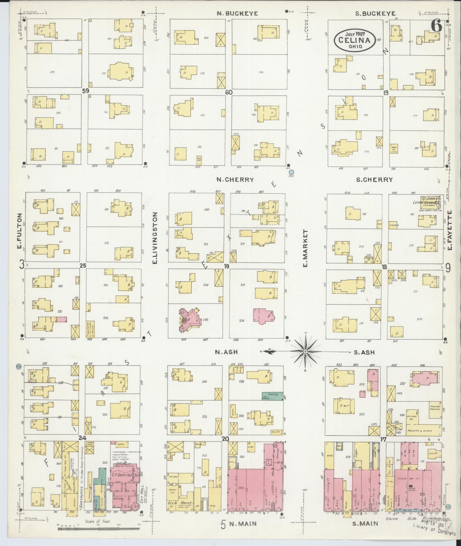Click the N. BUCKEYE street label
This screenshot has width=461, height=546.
237,13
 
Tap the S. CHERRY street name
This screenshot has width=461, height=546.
374,179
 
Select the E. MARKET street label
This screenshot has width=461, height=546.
305,248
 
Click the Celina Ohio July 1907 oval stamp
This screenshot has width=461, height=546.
356,40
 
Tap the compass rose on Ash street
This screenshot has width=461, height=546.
306,352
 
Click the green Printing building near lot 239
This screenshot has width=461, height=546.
272,396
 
